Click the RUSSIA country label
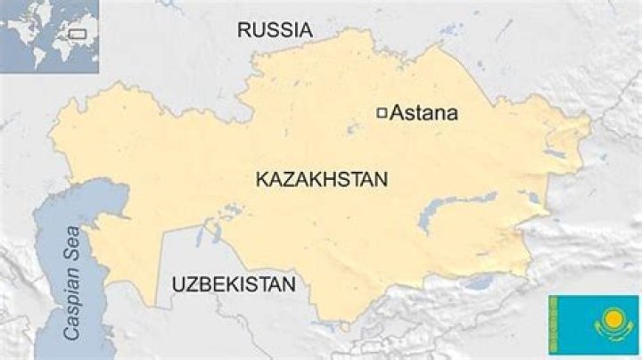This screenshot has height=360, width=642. pos(275,30)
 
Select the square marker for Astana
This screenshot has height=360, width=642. pos(382,112)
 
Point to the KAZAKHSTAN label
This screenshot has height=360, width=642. pos(322,179)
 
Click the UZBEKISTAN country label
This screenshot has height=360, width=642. pos(233,285)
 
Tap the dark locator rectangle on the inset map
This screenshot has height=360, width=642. pos(77,33)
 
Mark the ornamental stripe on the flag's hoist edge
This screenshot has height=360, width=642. pos(554,325)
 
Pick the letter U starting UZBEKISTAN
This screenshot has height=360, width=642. pos(178,285)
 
